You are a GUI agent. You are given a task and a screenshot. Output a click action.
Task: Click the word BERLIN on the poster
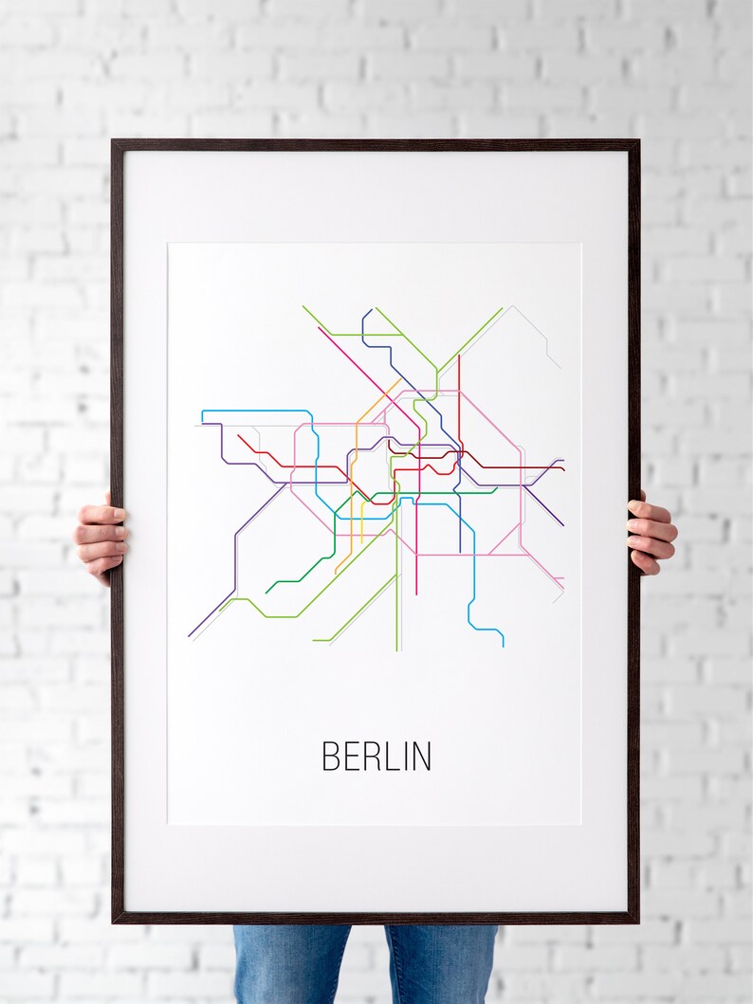376,756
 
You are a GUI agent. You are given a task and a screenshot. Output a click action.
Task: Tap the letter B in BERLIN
330,756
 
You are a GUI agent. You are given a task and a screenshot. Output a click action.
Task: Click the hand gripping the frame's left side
101,538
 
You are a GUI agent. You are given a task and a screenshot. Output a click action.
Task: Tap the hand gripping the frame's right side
651,533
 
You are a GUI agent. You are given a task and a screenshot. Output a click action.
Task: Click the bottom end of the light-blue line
503,646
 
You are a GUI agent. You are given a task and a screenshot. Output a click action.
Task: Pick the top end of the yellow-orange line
399,382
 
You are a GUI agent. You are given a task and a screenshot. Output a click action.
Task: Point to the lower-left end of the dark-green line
266,593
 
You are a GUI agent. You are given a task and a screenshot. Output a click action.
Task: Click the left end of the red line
238,435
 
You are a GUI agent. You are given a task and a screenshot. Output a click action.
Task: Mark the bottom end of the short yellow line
361,544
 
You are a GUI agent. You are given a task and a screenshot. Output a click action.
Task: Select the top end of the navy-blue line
363,311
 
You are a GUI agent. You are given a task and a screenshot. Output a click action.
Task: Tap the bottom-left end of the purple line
189,635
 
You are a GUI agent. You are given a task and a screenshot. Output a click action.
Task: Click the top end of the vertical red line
459,356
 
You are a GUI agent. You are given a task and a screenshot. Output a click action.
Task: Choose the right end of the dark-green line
496,491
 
